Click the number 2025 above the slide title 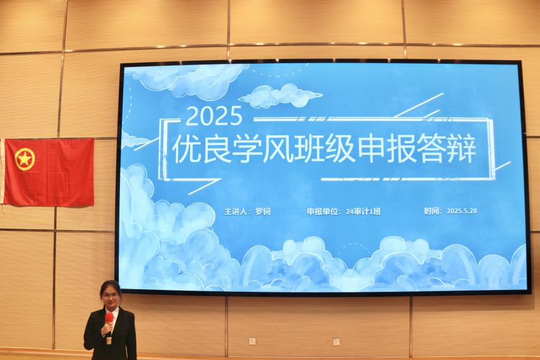point(214,116)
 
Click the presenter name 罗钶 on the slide point(262,212)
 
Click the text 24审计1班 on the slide point(363,212)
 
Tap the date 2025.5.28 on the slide point(462,211)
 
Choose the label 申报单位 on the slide point(324,212)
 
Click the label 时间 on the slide point(433,211)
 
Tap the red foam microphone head point(109,317)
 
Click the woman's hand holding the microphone point(109,327)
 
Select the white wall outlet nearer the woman point(253,341)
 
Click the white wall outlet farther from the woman point(336,342)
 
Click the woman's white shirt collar point(113,313)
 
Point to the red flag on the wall point(49,172)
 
